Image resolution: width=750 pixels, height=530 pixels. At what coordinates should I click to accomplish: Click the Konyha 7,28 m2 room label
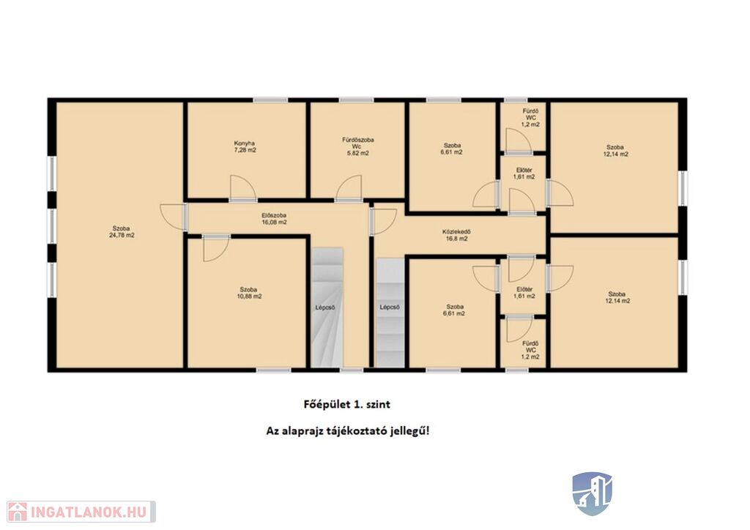[245, 146]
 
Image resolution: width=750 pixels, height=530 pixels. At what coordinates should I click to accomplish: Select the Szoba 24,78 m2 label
[122, 232]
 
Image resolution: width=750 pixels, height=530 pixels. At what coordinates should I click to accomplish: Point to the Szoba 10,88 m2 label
[249, 293]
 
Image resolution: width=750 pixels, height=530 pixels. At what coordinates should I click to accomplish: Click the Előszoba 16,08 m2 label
[274, 218]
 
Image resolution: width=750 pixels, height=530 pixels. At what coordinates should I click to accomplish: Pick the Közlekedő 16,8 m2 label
[455, 235]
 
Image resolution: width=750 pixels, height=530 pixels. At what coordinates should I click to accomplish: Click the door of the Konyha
[243, 188]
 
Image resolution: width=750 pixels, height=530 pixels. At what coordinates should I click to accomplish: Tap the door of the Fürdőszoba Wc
[348, 189]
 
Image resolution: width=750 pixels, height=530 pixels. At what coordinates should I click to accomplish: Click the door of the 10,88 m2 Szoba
[216, 248]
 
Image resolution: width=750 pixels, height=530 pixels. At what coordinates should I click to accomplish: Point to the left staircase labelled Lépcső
[327, 307]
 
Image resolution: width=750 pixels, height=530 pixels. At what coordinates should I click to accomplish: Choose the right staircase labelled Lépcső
[390, 313]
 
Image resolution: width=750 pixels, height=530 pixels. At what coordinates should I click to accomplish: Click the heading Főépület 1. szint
[346, 404]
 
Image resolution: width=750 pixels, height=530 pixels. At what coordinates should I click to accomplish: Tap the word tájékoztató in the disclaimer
[352, 431]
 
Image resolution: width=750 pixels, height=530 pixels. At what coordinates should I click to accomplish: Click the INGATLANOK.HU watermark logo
[81, 512]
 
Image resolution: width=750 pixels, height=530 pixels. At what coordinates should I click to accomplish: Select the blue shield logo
[593, 493]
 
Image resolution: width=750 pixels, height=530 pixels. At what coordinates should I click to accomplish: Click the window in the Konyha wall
[270, 100]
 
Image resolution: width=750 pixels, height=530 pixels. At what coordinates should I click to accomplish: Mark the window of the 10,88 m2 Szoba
[273, 370]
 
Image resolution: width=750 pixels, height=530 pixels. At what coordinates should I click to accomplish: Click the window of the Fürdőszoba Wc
[356, 100]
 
